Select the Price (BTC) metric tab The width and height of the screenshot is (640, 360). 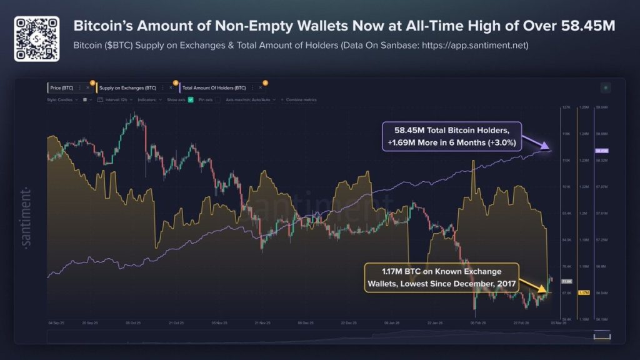tap(62, 88)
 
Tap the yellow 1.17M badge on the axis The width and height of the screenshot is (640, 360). tap(585, 292)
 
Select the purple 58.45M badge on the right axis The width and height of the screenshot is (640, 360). tap(602, 151)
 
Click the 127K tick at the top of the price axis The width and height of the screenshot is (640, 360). tap(566, 107)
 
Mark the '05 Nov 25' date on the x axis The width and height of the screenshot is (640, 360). tap(219, 323)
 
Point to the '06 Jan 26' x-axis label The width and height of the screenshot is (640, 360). tap(392, 323)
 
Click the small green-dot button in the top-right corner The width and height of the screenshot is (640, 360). tap(604, 88)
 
